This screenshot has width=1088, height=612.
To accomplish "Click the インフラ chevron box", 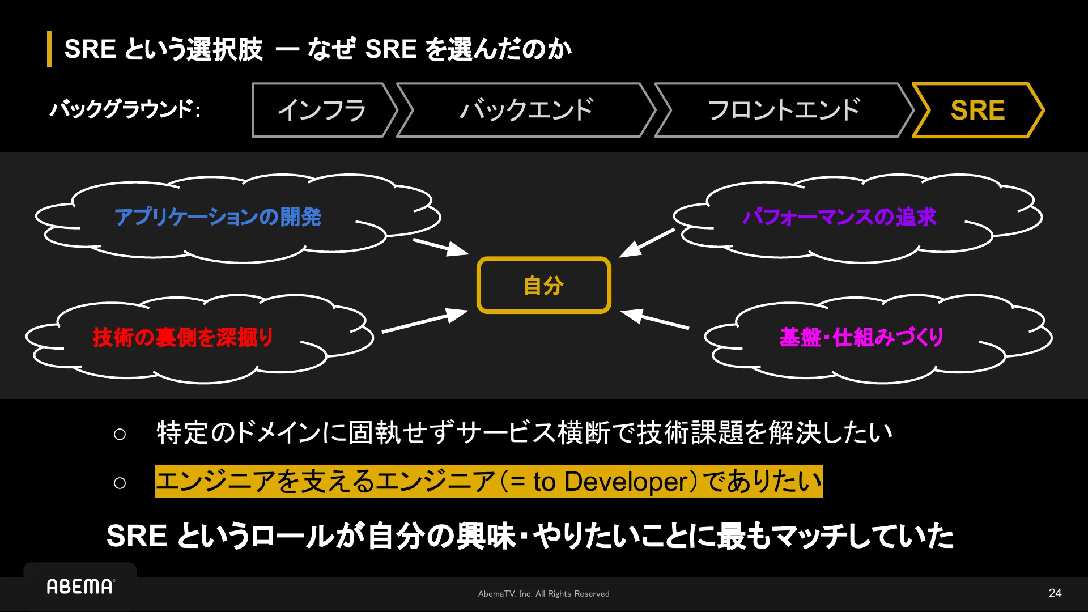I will pos(321,110).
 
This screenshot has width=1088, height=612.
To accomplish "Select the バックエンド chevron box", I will pos(526,110).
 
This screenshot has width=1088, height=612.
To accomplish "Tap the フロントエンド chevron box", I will pos(784,110).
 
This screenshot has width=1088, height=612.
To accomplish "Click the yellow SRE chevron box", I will pos(977,110).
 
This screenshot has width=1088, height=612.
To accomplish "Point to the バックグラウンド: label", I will pos(125,109).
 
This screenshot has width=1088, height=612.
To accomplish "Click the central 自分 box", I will pos(543,285).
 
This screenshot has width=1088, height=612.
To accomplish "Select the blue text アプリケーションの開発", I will pos(218,217).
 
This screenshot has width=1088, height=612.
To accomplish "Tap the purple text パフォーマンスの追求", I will pos(839,217).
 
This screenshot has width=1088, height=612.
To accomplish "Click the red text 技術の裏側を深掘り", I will pos(182,337).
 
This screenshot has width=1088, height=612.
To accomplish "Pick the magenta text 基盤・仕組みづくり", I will pos(861,337).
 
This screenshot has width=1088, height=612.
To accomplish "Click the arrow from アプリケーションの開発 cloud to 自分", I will pos(440,247).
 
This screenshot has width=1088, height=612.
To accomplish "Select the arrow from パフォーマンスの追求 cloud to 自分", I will pos(647,243).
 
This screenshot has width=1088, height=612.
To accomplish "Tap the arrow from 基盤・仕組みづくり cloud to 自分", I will pos(655,319).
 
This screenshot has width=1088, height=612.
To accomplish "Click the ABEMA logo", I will pos(80,586).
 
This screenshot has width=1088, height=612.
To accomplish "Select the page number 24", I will pos(1055,593).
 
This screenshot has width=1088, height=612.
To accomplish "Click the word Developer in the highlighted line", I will pos(626,482).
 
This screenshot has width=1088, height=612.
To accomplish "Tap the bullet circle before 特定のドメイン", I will pos(120,435).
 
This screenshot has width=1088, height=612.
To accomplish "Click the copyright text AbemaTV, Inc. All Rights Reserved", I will pos(543,594).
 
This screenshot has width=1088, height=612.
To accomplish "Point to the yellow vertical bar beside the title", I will pos(49,49).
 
